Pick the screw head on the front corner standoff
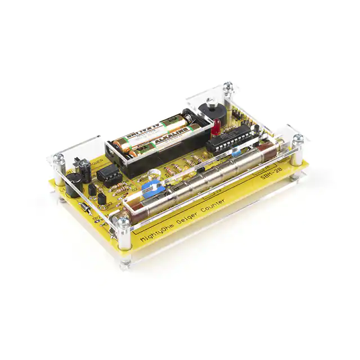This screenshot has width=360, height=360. point(123,222)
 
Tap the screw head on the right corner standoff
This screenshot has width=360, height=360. point(298,138)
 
